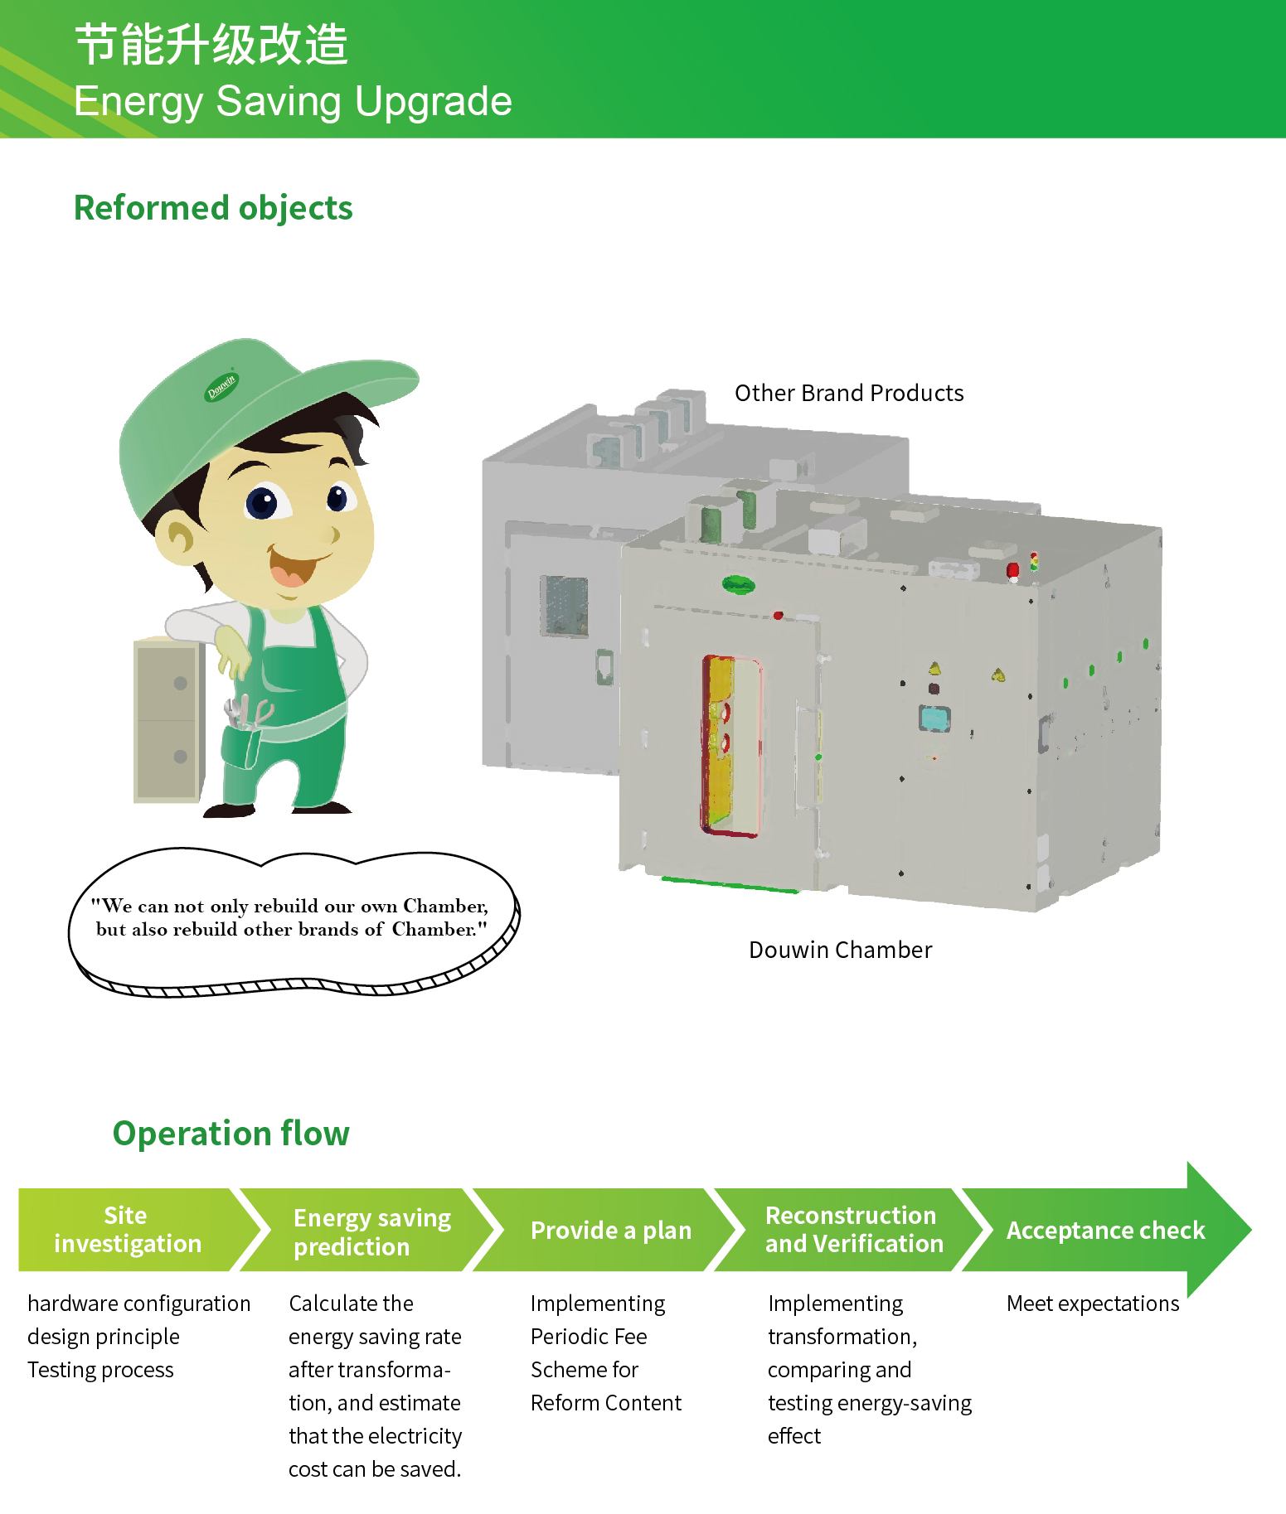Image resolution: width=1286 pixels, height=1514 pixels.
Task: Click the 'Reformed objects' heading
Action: click(213, 208)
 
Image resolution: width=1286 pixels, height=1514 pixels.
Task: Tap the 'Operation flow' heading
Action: click(231, 1133)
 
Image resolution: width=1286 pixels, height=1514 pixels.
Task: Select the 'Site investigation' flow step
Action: click(128, 1230)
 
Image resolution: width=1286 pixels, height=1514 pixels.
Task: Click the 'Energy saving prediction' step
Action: click(371, 1231)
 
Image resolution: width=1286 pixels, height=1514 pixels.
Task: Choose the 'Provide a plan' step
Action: click(610, 1231)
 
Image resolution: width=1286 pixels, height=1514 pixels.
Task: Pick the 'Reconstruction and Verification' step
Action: click(853, 1230)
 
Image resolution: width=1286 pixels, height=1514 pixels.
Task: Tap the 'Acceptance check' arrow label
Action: click(1105, 1231)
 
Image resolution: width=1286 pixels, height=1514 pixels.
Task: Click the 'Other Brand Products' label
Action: click(849, 393)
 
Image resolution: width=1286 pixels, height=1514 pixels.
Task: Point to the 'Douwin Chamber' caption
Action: click(840, 950)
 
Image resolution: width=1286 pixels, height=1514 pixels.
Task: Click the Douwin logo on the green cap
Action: click(221, 386)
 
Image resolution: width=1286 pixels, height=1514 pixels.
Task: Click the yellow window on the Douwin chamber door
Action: click(730, 745)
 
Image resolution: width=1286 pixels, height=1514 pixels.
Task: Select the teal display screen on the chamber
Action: click(934, 718)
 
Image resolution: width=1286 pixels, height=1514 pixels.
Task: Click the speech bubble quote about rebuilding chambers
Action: click(290, 917)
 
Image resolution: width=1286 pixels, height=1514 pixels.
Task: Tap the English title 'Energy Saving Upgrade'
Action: click(293, 102)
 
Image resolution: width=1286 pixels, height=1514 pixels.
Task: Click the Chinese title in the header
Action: click(211, 45)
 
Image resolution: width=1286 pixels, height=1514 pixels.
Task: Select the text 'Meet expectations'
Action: click(1092, 1304)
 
